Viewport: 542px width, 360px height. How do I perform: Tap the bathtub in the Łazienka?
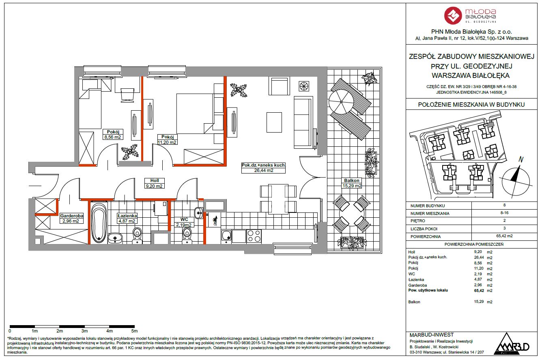tap(99, 223)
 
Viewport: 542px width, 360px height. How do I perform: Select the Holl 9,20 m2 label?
tap(155, 183)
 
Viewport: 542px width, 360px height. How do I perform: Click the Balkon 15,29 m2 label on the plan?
tap(352, 183)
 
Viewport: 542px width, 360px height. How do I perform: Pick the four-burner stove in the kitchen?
tap(254, 236)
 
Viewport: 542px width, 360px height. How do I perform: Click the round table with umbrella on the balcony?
tap(341, 102)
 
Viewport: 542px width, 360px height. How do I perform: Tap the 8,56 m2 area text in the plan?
tap(112, 137)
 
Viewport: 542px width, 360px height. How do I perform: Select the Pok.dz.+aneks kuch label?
tap(263, 165)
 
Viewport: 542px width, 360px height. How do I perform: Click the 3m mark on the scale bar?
tap(84, 331)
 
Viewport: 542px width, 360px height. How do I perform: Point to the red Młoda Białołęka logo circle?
tap(453, 16)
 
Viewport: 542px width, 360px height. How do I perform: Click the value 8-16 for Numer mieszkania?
tap(504, 213)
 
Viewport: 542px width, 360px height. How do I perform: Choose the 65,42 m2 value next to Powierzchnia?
tap(504, 236)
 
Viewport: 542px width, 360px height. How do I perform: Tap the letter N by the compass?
tap(521, 159)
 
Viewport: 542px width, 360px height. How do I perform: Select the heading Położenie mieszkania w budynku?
tap(471, 105)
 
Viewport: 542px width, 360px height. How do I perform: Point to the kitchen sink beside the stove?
tap(226, 236)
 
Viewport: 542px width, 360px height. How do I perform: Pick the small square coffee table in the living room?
tap(274, 122)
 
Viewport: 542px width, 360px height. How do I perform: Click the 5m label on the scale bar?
tap(134, 331)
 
